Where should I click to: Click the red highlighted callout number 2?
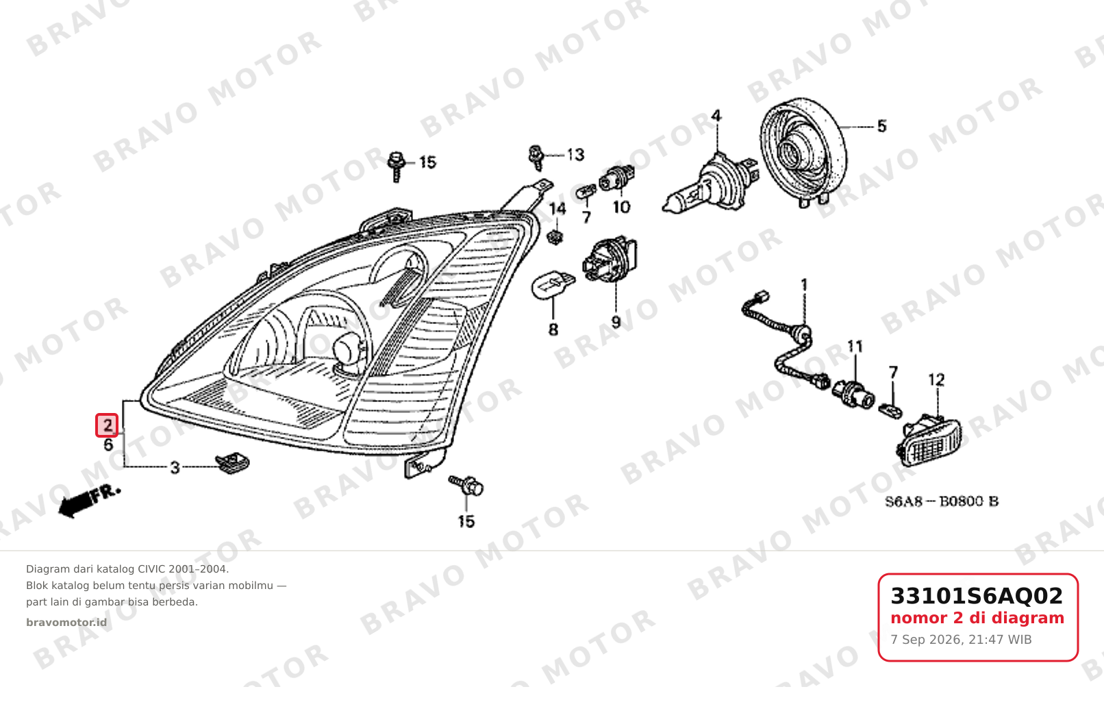[107, 425]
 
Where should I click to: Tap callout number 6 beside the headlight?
[108, 445]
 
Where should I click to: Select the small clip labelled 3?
[233, 463]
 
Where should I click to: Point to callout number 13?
[575, 155]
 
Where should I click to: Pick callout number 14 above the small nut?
[557, 209]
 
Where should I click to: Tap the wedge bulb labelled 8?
[553, 285]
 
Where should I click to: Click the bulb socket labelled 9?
[610, 259]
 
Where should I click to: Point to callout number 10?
[621, 207]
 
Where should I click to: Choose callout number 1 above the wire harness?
[804, 285]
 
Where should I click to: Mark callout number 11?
[855, 347]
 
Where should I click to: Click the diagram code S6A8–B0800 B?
[942, 501]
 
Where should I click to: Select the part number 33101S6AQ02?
[977, 596]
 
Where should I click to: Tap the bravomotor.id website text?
[66, 623]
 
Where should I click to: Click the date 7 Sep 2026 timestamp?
[961, 640]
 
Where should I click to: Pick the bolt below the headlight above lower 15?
[466, 485]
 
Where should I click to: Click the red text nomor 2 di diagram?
[977, 618]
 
